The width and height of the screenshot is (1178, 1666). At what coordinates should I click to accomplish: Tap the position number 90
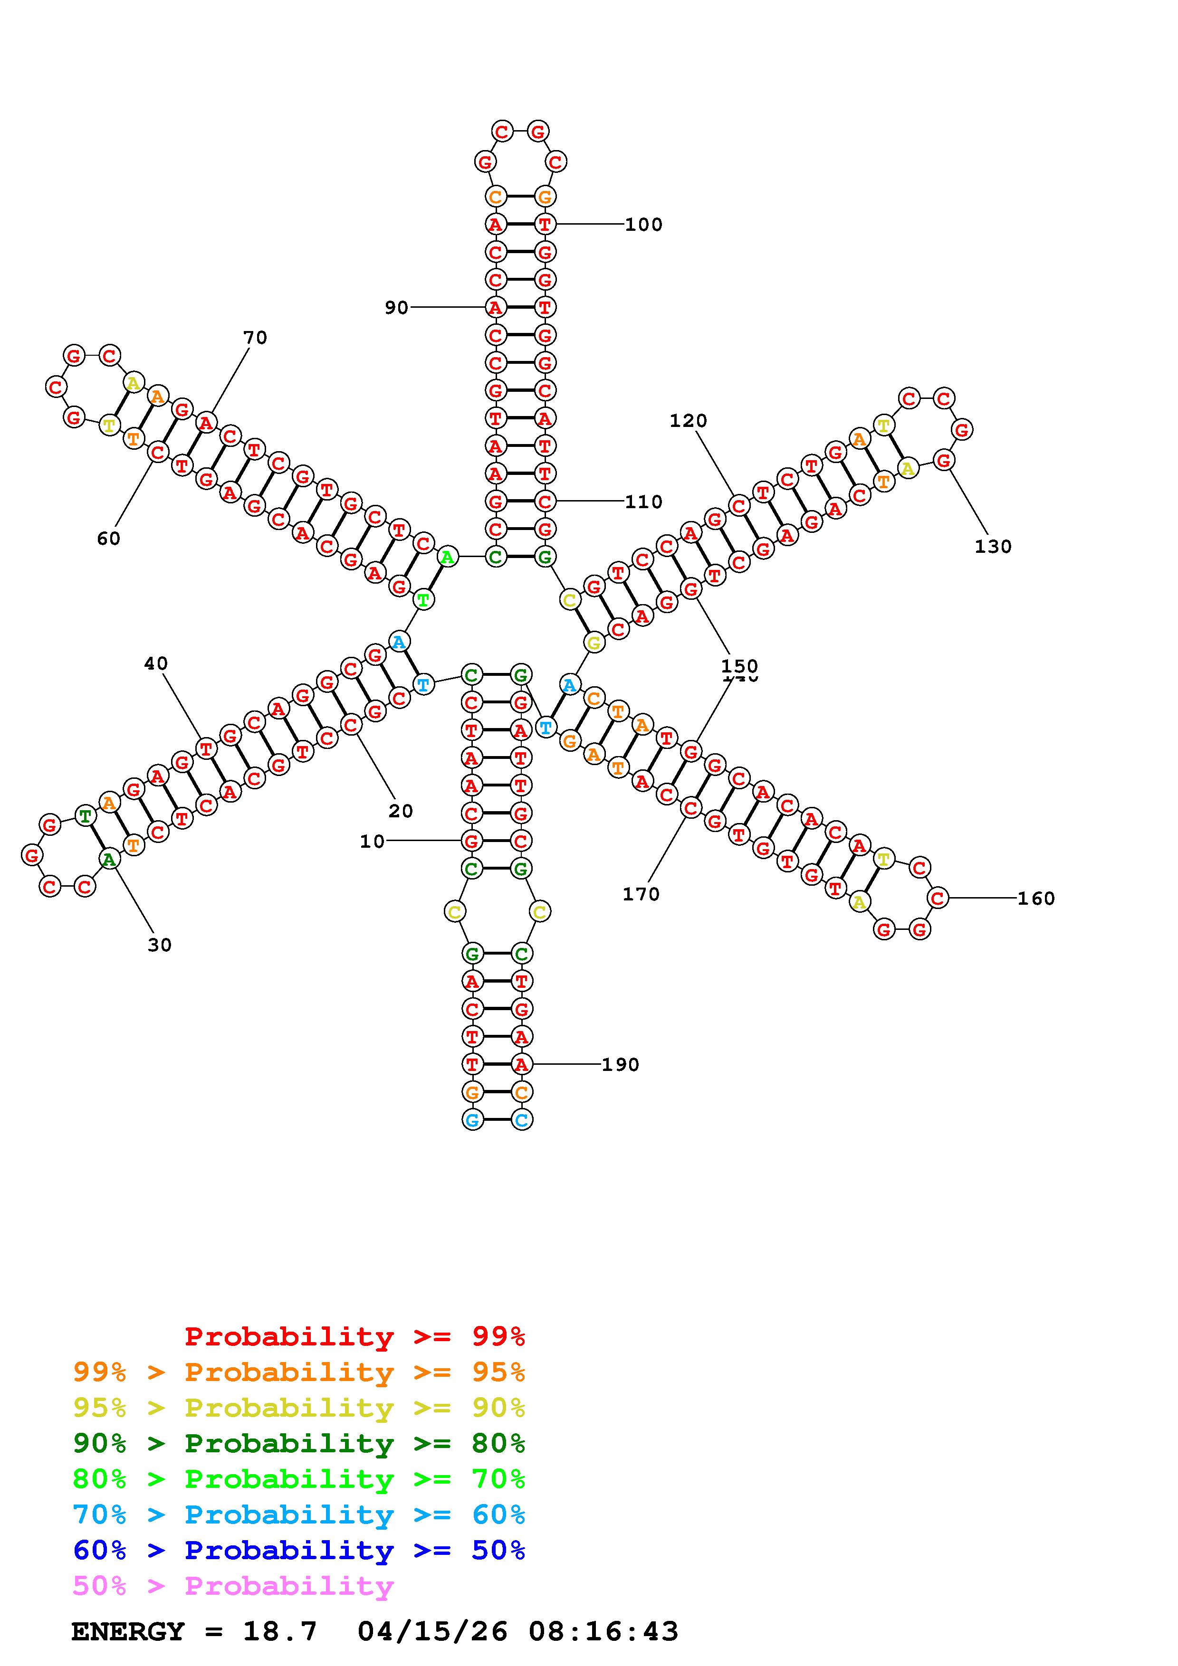396,308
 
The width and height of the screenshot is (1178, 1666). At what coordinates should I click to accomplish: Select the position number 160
1036,899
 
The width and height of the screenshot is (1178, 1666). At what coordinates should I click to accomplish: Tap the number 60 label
109,539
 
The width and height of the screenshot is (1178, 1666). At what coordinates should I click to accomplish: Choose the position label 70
255,337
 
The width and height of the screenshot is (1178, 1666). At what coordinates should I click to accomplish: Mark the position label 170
641,895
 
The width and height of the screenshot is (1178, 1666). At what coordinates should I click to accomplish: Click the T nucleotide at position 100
545,225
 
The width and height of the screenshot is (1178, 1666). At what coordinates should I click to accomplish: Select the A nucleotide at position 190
521,1064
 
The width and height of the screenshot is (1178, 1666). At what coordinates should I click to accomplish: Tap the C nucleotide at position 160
938,899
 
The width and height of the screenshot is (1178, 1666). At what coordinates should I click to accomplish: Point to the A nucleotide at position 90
496,308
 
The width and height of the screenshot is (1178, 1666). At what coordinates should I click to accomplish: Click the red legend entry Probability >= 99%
355,1336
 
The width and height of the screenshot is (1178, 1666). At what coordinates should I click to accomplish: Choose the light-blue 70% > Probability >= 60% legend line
299,1515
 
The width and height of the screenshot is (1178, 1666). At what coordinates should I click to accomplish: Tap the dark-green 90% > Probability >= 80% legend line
299,1443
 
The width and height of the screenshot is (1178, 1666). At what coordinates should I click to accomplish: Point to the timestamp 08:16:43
603,1632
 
